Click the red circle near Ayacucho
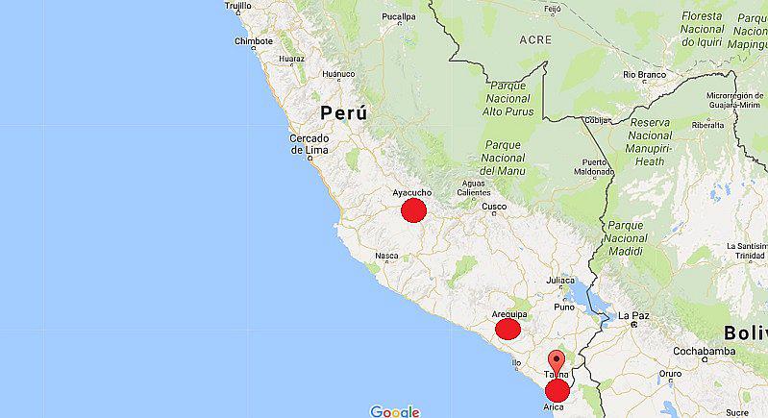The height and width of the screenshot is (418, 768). [413, 210]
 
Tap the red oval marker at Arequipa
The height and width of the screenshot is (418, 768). [508, 330]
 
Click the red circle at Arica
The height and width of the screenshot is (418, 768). [557, 390]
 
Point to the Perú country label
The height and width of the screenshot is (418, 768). [343, 113]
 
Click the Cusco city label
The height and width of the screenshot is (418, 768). [493, 207]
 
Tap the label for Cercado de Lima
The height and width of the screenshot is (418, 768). [310, 144]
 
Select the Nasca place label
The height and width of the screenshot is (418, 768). [386, 256]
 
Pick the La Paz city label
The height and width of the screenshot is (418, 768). [633, 315]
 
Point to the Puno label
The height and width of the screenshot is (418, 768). [564, 307]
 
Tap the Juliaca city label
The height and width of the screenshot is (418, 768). [560, 281]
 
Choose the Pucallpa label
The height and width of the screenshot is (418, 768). [399, 17]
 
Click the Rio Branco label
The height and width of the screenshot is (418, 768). [644, 74]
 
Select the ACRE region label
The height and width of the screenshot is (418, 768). [535, 40]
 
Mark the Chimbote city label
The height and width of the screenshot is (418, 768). [254, 41]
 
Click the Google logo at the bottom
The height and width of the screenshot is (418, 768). [395, 411]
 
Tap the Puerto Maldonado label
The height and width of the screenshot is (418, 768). [595, 166]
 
